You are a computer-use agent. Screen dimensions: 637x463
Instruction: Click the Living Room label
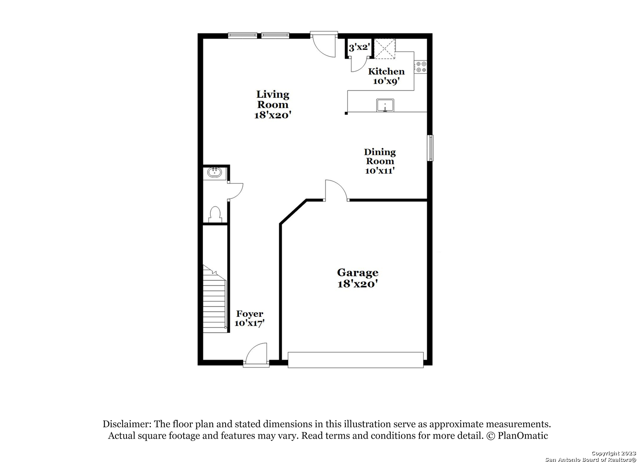[x=273, y=99]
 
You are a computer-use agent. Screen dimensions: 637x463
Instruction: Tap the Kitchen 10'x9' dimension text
[x=386, y=81]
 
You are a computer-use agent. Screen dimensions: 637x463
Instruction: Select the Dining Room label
[x=380, y=156]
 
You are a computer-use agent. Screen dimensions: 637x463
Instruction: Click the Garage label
[x=358, y=273]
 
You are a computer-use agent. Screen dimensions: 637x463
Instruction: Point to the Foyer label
[x=250, y=314]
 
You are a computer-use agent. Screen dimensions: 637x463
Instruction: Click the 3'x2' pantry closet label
[x=359, y=47]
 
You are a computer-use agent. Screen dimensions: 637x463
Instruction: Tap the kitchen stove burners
[x=420, y=67]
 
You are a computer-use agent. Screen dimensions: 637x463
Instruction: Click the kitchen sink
[x=385, y=105]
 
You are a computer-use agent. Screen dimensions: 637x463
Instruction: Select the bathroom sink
[x=214, y=172]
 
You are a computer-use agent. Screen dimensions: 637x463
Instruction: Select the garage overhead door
[x=356, y=360]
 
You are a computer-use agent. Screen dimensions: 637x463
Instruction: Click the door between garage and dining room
[x=336, y=190]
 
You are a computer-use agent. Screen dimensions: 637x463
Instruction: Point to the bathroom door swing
[x=235, y=191]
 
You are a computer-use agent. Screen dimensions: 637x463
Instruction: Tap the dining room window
[x=431, y=148]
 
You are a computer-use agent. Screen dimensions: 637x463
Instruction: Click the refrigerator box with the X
[x=384, y=49]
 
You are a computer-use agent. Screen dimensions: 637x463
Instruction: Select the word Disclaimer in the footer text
[x=127, y=424]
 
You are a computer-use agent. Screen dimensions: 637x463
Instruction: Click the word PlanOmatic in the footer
[x=522, y=436]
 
